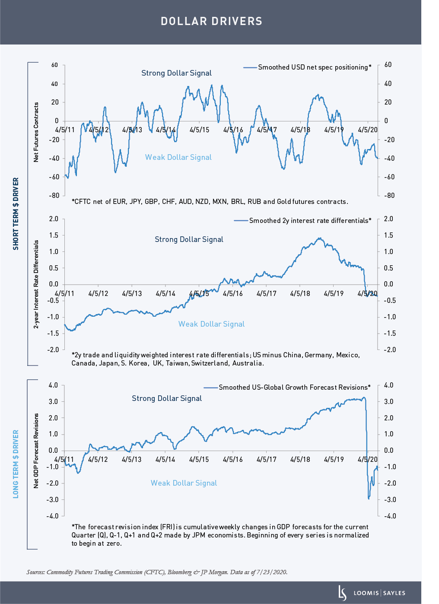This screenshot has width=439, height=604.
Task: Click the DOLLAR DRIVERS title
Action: (211, 21)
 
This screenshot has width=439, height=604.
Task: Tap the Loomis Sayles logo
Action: (372, 593)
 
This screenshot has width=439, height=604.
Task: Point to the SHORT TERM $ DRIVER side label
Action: (16, 213)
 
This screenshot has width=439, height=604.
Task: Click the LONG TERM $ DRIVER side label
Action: (16, 464)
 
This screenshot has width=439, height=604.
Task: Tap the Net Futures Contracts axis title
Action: (36, 132)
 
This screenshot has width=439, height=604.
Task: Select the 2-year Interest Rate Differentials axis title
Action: (36, 284)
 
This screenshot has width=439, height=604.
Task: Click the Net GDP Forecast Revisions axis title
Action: (36, 451)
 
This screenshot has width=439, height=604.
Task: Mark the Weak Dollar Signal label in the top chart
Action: (178, 157)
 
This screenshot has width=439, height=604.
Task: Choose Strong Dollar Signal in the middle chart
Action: (189, 239)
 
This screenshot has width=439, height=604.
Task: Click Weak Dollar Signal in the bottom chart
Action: (184, 483)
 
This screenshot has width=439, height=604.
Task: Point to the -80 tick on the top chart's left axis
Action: (54, 195)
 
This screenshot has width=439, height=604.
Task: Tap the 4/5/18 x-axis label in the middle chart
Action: (300, 294)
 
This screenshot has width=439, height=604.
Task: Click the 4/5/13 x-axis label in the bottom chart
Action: (132, 459)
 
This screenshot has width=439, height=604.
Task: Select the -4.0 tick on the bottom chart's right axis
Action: (388, 516)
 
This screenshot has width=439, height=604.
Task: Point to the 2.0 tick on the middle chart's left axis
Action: (54, 219)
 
